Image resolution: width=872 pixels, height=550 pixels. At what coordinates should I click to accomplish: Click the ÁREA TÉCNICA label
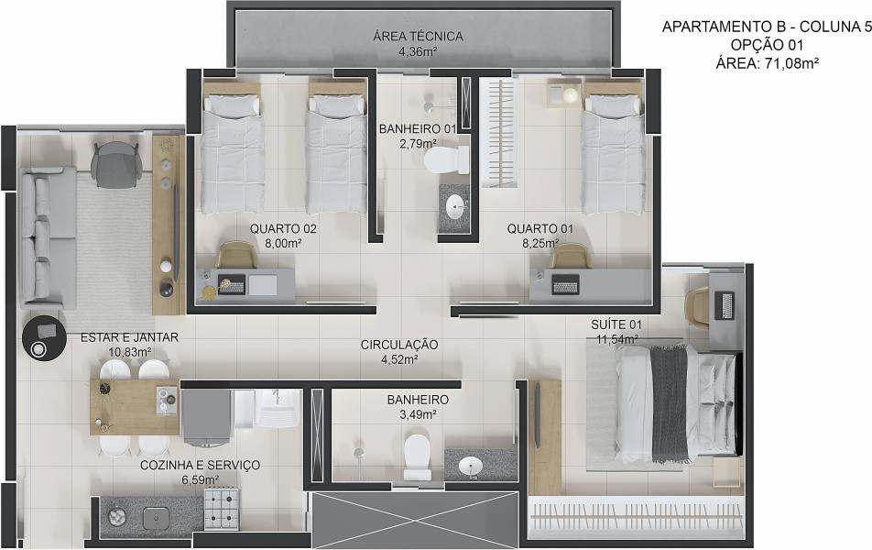[418, 37]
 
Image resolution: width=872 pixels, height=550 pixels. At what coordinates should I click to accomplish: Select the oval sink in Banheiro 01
[457, 207]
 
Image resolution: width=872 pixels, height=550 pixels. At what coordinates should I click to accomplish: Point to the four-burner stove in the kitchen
[222, 509]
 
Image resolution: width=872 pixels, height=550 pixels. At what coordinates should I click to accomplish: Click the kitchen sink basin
[157, 518]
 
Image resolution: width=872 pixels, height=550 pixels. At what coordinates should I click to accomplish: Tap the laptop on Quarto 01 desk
[565, 285]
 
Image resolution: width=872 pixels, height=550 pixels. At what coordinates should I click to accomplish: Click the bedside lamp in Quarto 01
[570, 95]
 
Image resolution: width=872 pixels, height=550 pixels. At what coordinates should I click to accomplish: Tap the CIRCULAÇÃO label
[399, 345]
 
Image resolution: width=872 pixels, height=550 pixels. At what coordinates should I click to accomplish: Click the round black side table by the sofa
[45, 338]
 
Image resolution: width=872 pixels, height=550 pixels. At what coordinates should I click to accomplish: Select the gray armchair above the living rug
[115, 164]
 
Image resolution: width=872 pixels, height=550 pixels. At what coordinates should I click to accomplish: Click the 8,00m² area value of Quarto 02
[283, 243]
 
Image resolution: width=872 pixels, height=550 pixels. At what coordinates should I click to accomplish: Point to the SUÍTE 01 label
[616, 324]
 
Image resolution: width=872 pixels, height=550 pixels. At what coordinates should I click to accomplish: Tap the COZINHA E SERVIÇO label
[200, 465]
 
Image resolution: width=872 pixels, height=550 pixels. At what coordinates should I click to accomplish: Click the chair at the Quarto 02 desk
[237, 256]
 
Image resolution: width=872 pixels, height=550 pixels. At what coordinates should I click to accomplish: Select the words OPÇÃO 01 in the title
[767, 45]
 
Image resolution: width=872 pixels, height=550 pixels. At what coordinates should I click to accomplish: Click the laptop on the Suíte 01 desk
[726, 305]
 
